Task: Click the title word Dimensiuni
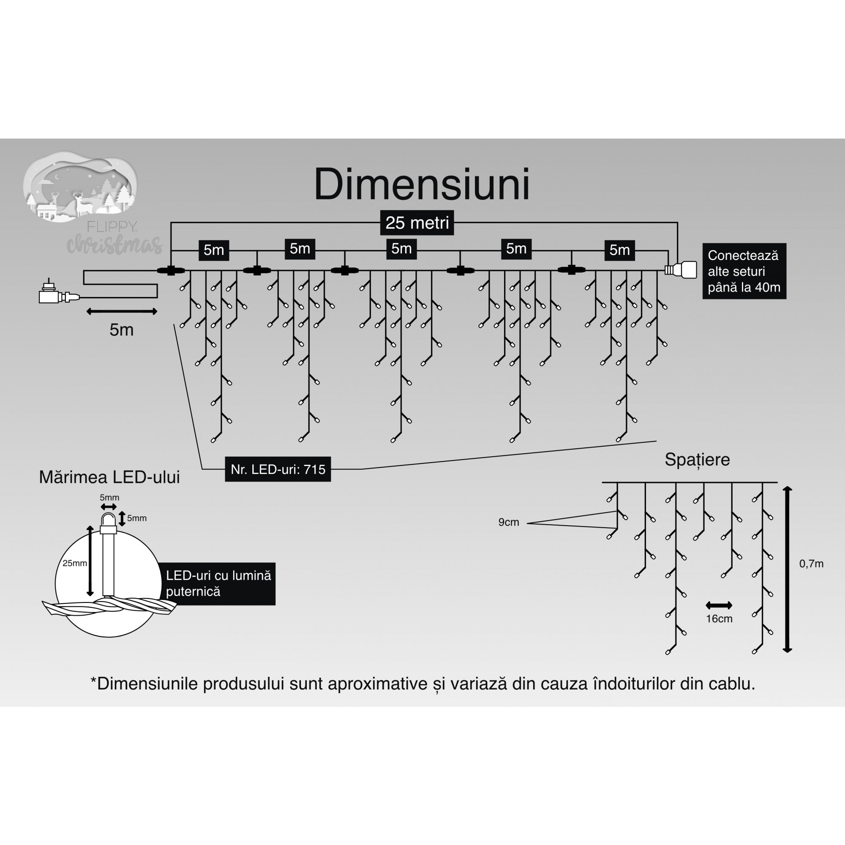coord(422,185)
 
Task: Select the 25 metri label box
coord(417,223)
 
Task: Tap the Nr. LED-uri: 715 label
coord(278,469)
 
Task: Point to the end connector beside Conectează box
coord(682,270)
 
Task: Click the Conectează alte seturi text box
coord(744,271)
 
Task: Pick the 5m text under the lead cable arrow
coord(121,330)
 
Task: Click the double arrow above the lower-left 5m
coord(122,311)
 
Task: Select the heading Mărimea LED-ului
coord(109,477)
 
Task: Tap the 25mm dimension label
coord(74,563)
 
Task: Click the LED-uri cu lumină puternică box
coord(218,583)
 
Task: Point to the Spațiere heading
coord(697,460)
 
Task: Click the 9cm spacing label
coord(508,522)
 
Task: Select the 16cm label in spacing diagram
coord(719,619)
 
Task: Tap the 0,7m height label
coord(811,564)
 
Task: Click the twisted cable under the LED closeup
coord(109,607)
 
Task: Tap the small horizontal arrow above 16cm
coord(719,606)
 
